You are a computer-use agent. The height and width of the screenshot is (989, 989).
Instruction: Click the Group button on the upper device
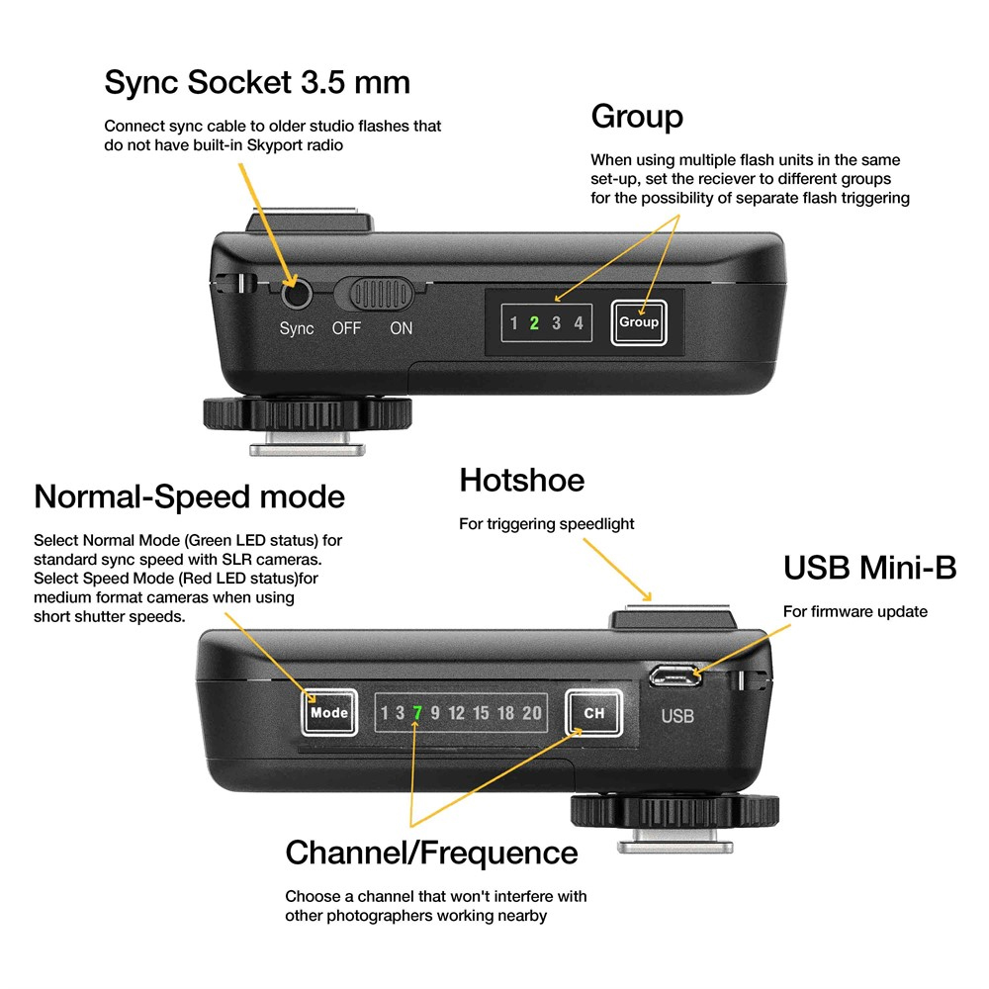pos(638,322)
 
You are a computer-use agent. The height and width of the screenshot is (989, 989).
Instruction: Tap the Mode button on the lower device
pos(329,712)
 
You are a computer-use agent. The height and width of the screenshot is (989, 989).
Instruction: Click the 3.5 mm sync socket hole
pos(295,294)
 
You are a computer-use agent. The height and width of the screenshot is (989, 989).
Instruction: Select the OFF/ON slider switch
pos(379,294)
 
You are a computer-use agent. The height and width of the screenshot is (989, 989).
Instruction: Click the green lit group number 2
pos(534,323)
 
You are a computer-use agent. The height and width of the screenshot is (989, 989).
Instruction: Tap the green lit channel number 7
pos(417,712)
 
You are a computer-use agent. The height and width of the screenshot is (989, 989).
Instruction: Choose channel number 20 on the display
pos(532,712)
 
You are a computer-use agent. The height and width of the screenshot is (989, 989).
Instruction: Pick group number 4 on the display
pos(579,323)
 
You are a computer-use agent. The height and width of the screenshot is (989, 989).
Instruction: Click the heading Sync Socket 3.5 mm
pos(257,82)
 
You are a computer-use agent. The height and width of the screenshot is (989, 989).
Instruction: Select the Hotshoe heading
pos(521,481)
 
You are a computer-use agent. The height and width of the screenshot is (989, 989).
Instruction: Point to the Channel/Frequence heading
pos(431,852)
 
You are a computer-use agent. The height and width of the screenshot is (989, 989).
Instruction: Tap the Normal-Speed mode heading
pos(189,496)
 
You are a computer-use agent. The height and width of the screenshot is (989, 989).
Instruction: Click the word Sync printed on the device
pos(296,328)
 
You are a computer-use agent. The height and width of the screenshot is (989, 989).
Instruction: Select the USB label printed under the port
pos(677,716)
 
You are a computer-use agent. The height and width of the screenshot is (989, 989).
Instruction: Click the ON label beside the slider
pos(401,328)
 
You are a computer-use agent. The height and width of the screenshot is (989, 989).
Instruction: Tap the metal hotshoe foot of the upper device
pos(305,449)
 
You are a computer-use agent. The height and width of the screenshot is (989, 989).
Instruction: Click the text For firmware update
pos(854,611)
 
